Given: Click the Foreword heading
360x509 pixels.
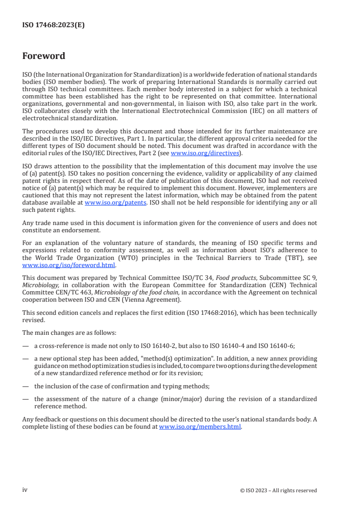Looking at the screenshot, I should pos(44,56).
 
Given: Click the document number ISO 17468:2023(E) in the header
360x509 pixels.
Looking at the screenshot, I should pos(54,25).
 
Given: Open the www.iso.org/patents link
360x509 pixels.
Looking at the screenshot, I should pos(115,203).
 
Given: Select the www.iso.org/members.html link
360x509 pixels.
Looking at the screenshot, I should pos(200,426).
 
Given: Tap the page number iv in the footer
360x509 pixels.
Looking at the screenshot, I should pos(25,490).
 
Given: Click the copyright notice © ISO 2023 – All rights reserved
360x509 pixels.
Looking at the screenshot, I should pos(278,490).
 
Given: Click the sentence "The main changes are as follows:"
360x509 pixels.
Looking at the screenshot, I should pos(69,333).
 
